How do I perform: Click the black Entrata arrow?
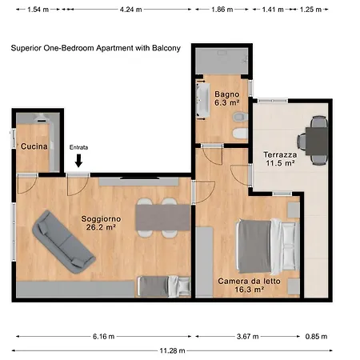click(78, 161)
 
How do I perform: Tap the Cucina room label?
click(34, 146)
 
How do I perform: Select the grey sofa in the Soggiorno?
click(64, 242)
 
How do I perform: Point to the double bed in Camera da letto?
click(267, 246)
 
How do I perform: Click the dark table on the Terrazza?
click(317, 141)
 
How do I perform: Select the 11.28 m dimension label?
click(172, 350)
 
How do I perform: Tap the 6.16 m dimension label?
click(104, 336)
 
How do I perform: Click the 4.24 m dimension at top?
click(130, 10)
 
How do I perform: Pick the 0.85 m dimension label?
click(316, 336)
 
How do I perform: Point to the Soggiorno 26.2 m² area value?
click(101, 227)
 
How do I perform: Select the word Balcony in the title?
click(166, 48)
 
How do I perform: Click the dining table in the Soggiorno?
click(162, 218)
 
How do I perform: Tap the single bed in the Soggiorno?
click(164, 286)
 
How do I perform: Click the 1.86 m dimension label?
click(222, 10)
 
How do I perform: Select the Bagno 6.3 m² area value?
click(227, 102)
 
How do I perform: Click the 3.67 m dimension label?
click(248, 336)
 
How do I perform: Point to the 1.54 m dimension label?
click(38, 10)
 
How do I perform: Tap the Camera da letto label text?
click(249, 281)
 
